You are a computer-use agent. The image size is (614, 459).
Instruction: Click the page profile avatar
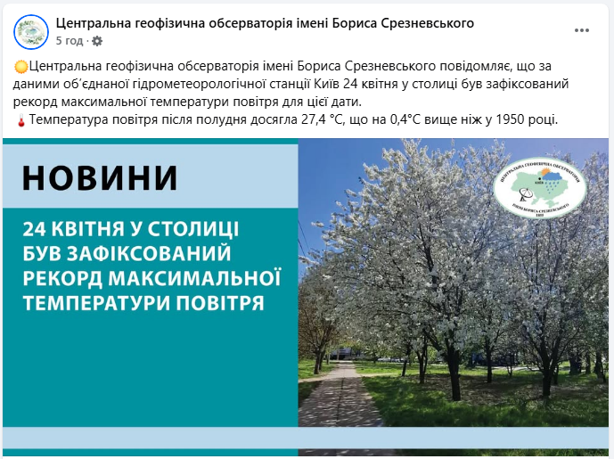(x=31, y=31)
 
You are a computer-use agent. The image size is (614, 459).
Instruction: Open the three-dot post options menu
(x=582, y=30)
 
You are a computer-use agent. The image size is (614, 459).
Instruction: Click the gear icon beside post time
(x=97, y=41)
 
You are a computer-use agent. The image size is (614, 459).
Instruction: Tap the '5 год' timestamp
(x=69, y=41)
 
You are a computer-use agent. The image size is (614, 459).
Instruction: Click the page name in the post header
(x=265, y=22)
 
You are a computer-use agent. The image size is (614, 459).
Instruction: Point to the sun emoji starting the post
(x=21, y=68)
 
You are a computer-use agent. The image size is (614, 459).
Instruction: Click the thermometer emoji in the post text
(x=21, y=119)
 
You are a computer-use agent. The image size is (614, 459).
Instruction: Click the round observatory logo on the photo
(x=539, y=190)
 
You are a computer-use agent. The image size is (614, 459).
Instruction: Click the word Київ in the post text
(x=326, y=84)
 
